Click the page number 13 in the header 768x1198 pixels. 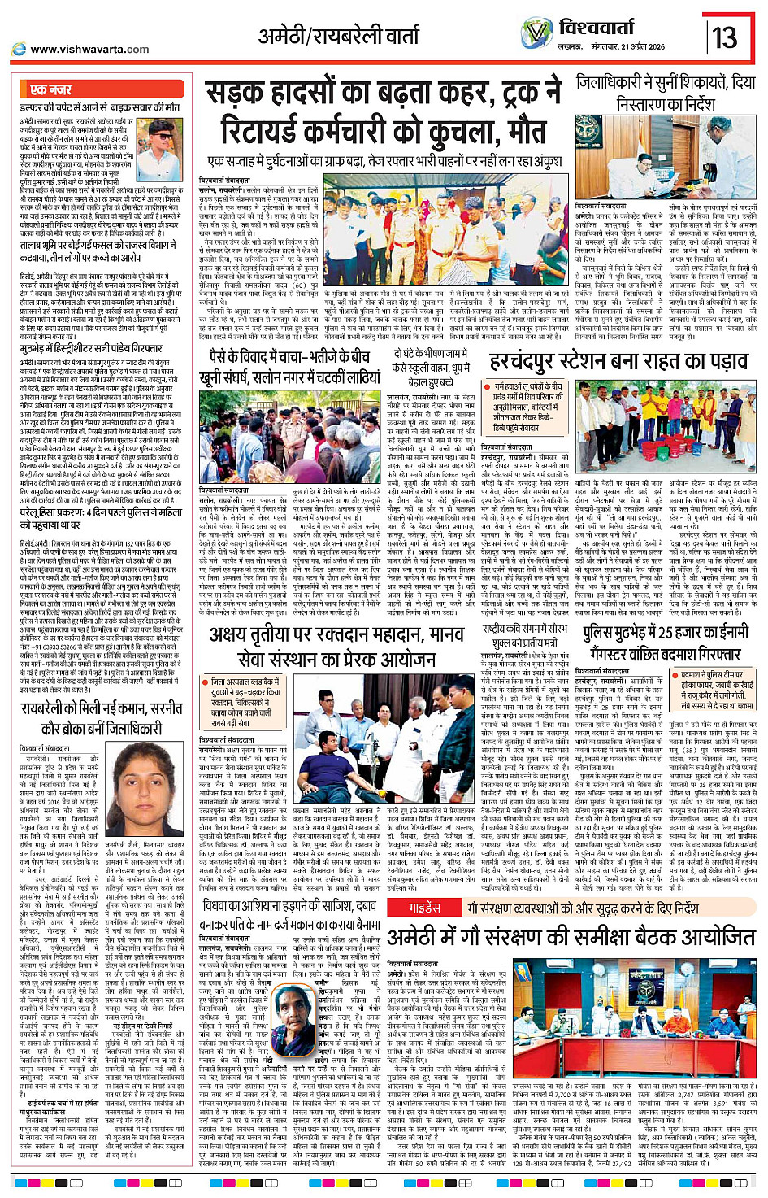725,37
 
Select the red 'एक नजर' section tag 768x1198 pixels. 50,89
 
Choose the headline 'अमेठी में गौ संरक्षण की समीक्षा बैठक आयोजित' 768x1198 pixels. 571,936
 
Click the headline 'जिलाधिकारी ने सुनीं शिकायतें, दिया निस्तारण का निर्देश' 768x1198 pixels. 666,93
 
